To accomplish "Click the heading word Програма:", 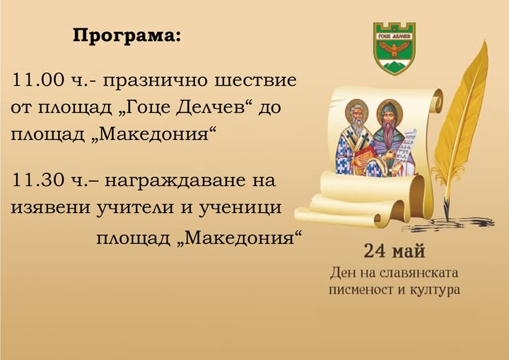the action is point(126,35).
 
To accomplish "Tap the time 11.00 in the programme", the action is point(37,80).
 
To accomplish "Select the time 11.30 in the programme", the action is point(37,180).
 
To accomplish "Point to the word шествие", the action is point(255,80).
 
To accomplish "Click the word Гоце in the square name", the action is point(146,108).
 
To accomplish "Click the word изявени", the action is point(50,207).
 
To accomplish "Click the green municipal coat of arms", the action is point(394,48).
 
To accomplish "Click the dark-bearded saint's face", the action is point(390,116).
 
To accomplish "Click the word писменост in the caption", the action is point(361,290).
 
